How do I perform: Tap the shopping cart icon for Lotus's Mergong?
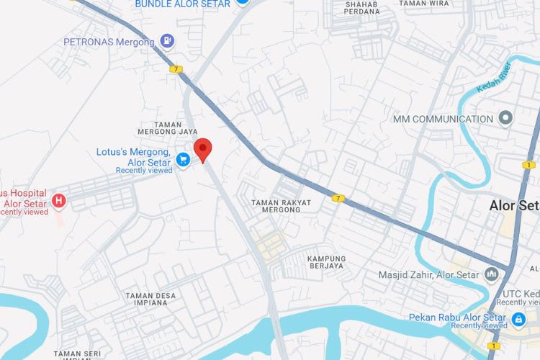tap(183, 159)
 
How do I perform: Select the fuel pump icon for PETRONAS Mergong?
tap(167, 41)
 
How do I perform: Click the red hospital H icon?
tap(59, 200)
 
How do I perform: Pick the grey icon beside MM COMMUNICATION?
tap(506, 118)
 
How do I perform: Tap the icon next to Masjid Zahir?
tap(492, 274)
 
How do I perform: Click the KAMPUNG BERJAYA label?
tap(325, 262)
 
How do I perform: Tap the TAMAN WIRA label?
tap(423, 3)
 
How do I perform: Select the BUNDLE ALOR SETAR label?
tap(183, 4)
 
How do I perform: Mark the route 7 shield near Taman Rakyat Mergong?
tap(337, 197)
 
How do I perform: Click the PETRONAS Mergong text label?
tap(109, 42)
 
